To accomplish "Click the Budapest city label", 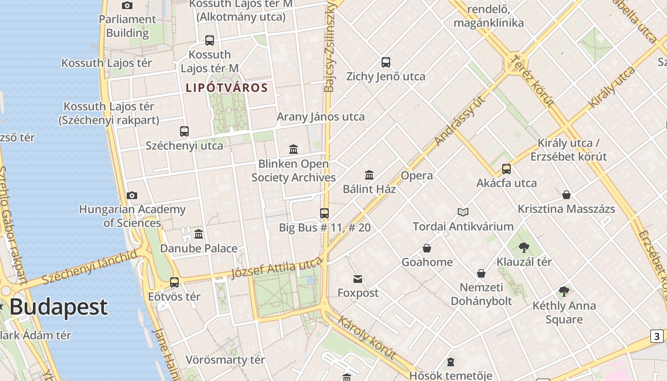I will pyautogui.click(x=58, y=307).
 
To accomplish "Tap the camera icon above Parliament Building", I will pyautogui.click(x=127, y=5).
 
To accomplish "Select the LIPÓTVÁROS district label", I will pyautogui.click(x=227, y=88).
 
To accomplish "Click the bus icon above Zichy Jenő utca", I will pyautogui.click(x=386, y=62).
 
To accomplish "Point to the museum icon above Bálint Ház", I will pyautogui.click(x=369, y=175).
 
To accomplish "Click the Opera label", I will pyautogui.click(x=417, y=175).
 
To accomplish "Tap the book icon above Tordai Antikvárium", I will pyautogui.click(x=463, y=212).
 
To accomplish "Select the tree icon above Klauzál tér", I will pyautogui.click(x=524, y=247).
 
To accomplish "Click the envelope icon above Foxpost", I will pyautogui.click(x=358, y=279).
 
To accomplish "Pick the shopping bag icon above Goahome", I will pyautogui.click(x=427, y=248).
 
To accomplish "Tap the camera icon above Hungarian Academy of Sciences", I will pyautogui.click(x=132, y=195).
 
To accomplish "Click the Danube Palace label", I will pyautogui.click(x=199, y=248).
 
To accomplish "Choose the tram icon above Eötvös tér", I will pyautogui.click(x=174, y=282).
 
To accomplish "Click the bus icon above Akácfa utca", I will pyautogui.click(x=506, y=169).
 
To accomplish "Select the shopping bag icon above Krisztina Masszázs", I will pyautogui.click(x=566, y=195).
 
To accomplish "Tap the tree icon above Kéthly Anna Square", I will pyautogui.click(x=564, y=291).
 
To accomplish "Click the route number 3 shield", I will pyautogui.click(x=657, y=336).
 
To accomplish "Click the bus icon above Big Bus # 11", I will pyautogui.click(x=324, y=213).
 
